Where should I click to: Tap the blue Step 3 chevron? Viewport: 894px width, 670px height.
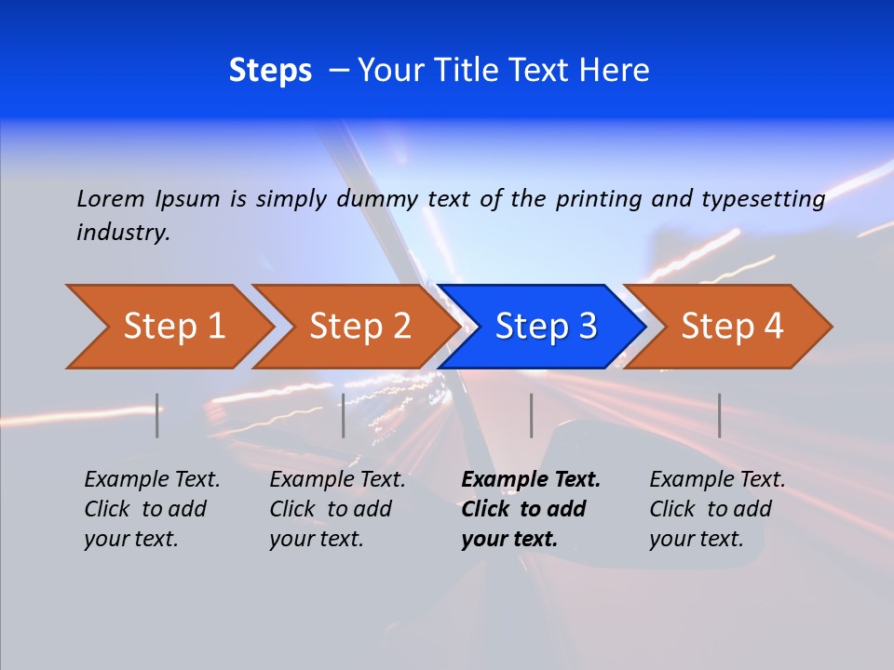pos(546,327)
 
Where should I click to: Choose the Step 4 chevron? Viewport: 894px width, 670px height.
pos(732,327)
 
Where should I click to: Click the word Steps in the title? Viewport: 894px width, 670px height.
pos(270,71)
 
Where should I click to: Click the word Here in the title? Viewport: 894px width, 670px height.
pos(614,71)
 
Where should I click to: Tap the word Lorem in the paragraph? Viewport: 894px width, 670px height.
pos(111,198)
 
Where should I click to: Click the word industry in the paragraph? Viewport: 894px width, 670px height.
pos(122,233)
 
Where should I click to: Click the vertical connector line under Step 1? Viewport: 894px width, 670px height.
pos(157,415)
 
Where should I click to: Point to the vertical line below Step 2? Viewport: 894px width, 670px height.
pos(344,415)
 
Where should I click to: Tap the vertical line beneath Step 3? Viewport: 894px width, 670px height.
pos(531,415)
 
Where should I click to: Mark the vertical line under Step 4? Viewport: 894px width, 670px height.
pos(719,415)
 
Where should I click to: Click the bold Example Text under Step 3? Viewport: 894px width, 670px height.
pos(531,480)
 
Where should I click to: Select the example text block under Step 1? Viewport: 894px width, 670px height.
pos(152,509)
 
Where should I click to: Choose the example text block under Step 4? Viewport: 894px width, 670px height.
pos(717,509)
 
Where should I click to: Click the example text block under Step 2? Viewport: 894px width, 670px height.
pos(337,509)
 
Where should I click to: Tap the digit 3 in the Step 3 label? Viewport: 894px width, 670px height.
pos(587,327)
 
